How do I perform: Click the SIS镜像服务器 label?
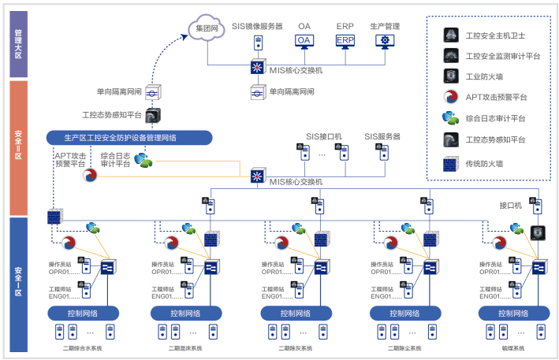(257, 26)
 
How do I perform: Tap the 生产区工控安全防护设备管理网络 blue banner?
(130, 138)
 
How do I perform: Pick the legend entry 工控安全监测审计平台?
(502, 56)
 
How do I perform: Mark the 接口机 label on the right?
(511, 205)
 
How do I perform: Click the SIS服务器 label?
(382, 136)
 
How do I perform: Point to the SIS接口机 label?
(323, 136)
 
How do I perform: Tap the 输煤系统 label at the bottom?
(513, 347)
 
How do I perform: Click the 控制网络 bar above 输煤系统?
(513, 314)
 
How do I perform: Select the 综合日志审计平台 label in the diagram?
(116, 160)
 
